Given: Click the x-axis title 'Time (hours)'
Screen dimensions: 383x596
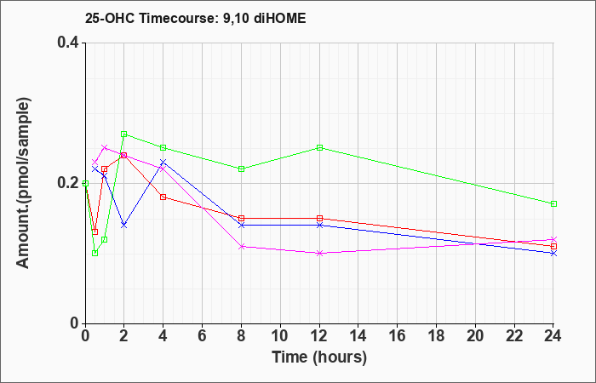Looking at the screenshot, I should (319, 357).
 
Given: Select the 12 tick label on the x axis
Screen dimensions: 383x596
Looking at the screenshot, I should (319, 337).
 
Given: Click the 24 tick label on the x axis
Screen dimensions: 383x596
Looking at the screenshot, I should (554, 337).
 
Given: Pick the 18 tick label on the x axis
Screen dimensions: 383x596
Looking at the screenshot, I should (437, 337).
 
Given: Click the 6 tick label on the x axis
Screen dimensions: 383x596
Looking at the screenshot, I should (203, 337).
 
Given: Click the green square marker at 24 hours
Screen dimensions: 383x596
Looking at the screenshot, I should (554, 204).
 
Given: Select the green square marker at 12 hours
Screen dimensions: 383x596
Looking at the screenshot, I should (320, 148).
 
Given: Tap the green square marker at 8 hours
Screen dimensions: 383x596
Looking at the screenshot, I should (242, 169).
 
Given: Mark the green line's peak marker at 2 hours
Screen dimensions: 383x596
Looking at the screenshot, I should (124, 134).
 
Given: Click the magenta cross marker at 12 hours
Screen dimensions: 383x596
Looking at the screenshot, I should (320, 253).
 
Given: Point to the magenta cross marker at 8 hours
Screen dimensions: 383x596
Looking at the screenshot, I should (242, 246).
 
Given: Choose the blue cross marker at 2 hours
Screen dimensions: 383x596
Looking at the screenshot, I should (124, 225).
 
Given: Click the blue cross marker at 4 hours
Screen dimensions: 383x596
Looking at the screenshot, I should (163, 162).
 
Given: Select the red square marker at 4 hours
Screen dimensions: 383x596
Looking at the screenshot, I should (163, 197).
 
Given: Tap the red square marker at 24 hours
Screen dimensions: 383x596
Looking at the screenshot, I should (554, 246).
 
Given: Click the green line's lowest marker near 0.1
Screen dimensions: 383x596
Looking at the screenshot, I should (95, 253).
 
